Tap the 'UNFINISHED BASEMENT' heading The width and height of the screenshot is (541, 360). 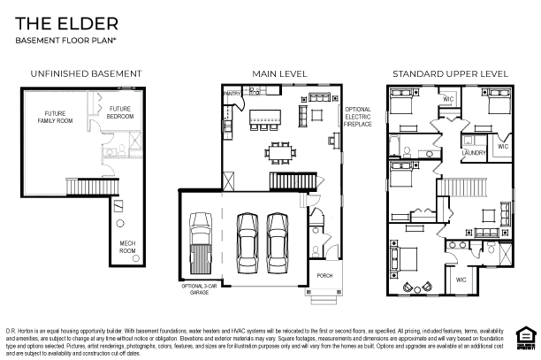click(86, 73)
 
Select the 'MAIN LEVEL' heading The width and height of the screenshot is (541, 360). click(279, 73)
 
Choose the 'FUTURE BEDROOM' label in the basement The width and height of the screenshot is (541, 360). click(120, 112)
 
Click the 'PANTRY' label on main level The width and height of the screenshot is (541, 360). click(232, 92)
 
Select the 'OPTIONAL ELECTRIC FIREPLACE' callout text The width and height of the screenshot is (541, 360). click(357, 117)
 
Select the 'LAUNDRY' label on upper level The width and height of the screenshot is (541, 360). click(475, 153)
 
